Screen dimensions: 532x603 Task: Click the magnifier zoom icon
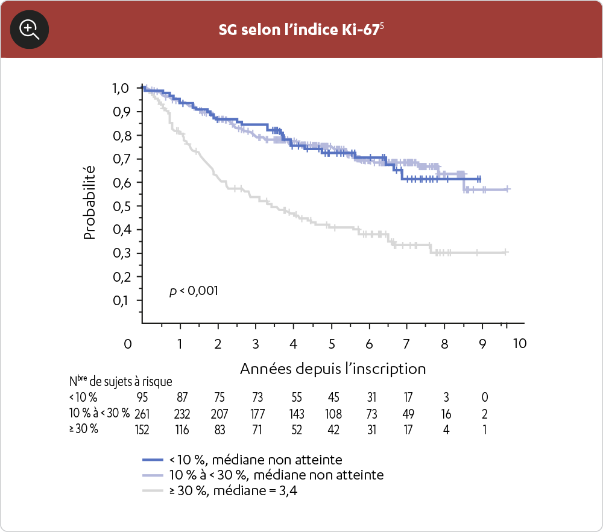click(x=30, y=29)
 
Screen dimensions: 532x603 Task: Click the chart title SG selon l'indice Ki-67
click(x=301, y=30)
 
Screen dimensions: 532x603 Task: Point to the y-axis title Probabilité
click(x=90, y=203)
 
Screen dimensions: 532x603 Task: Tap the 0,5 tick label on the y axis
click(x=120, y=206)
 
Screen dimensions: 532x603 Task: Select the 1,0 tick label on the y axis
click(x=120, y=88)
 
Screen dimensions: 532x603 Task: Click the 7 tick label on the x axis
click(x=406, y=343)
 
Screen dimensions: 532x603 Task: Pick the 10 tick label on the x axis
click(x=520, y=343)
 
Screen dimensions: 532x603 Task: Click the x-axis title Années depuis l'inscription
click(x=333, y=369)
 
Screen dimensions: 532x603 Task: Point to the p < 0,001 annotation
click(x=194, y=291)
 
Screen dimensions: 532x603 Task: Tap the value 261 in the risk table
click(x=143, y=414)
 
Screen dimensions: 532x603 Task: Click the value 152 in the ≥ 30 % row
click(x=143, y=430)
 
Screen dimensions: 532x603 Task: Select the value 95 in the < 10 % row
click(x=143, y=397)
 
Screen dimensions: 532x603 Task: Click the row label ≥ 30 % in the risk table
click(x=84, y=430)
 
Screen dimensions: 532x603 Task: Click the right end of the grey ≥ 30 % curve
click(x=507, y=252)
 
